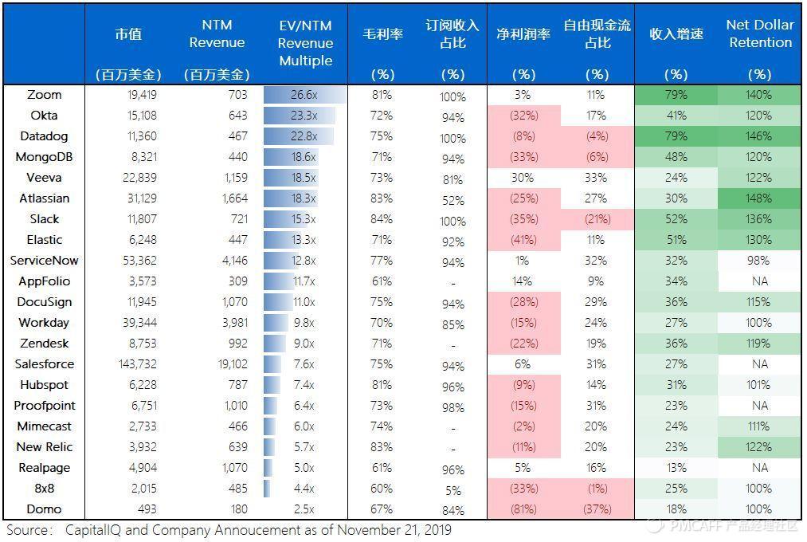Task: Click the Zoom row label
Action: pos(45,95)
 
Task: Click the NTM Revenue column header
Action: pos(217,33)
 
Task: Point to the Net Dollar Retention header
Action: pos(759,33)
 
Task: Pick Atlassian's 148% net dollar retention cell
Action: pos(759,198)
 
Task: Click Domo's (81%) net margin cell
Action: pos(523,509)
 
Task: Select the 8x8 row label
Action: pos(45,489)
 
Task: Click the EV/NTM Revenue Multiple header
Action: pos(305,43)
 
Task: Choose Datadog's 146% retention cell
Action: pos(759,136)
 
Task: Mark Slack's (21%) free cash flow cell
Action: pos(597,219)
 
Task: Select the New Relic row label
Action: pos(45,447)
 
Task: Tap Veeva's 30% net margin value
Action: pos(523,178)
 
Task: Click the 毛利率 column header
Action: pos(382,34)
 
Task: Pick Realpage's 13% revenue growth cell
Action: pos(676,468)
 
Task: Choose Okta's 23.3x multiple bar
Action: pos(300,116)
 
